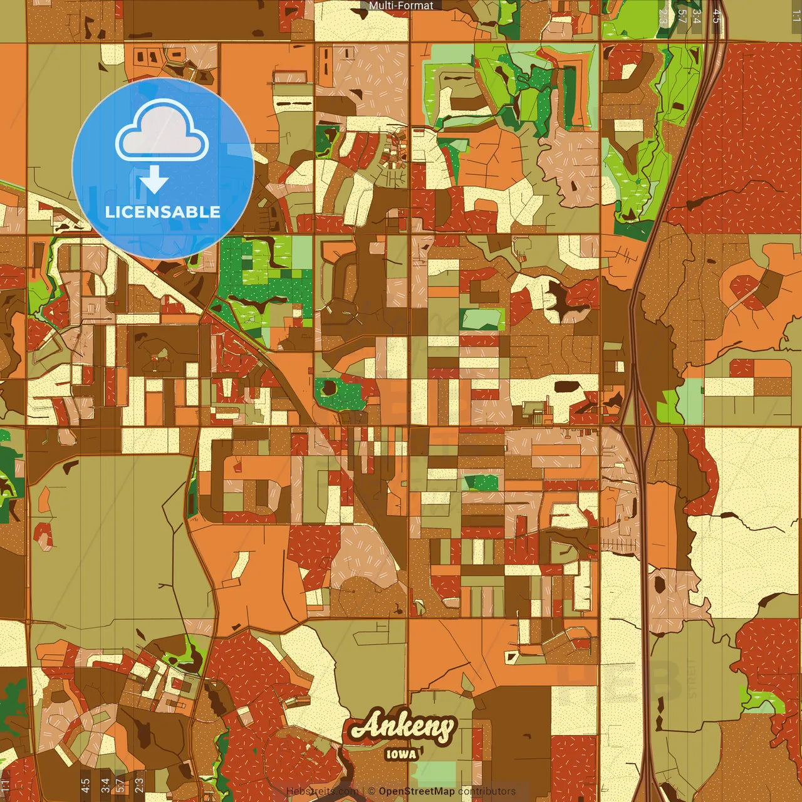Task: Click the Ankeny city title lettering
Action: (402, 727)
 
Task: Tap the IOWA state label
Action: (401, 754)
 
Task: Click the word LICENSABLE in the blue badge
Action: (163, 212)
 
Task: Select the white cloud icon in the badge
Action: (162, 132)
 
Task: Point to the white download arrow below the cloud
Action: (154, 180)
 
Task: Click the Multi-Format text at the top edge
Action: (401, 6)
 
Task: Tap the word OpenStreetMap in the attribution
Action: (417, 791)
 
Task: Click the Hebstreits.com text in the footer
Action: (322, 791)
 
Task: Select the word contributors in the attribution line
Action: (487, 791)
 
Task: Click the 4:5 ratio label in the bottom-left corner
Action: (85, 786)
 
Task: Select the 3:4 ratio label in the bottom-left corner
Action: (105, 786)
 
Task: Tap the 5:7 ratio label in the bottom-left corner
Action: (120, 786)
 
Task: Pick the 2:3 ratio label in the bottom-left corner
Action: (138, 786)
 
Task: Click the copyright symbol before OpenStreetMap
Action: (372, 791)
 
